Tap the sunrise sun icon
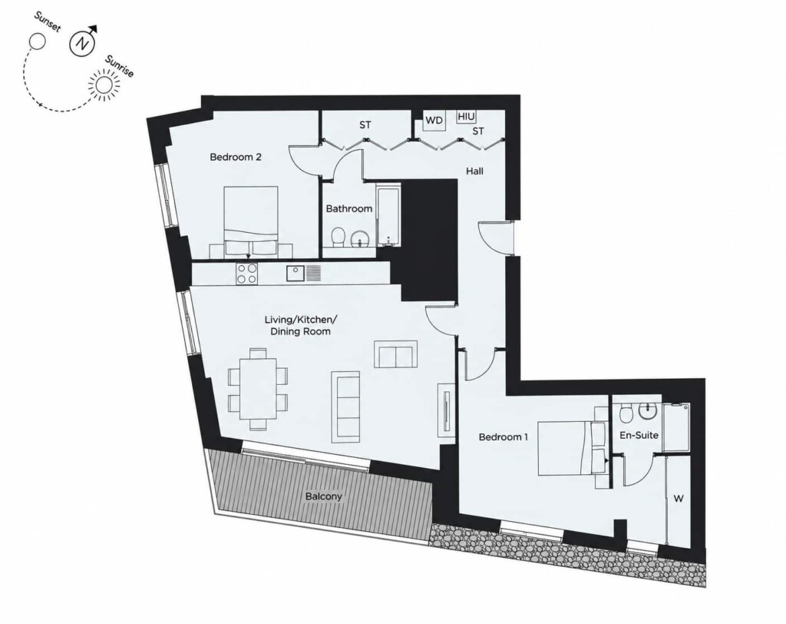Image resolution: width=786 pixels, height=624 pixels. pos(104,85)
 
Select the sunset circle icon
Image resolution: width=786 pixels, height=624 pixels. pos(38,41)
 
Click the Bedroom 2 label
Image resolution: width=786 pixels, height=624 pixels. pos(236,157)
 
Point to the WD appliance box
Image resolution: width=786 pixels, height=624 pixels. pos(434,121)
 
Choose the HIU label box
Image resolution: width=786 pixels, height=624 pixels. pos(466,117)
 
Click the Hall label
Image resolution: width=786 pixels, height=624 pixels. pos(474,171)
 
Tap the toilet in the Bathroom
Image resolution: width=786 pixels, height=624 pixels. pos(339,236)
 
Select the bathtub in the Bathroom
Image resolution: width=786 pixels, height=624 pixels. pos(388,216)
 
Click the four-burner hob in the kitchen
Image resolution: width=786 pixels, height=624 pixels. pos(246,274)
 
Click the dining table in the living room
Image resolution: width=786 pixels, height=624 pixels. pos(258,389)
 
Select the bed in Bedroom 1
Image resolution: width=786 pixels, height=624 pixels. pos(572,448)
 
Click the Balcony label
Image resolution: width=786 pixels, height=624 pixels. pos(324,496)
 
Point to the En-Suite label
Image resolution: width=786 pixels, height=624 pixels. pos(639,435)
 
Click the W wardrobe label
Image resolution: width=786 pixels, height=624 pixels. pos(679,499)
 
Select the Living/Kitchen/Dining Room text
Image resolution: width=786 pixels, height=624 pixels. pos(301,325)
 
